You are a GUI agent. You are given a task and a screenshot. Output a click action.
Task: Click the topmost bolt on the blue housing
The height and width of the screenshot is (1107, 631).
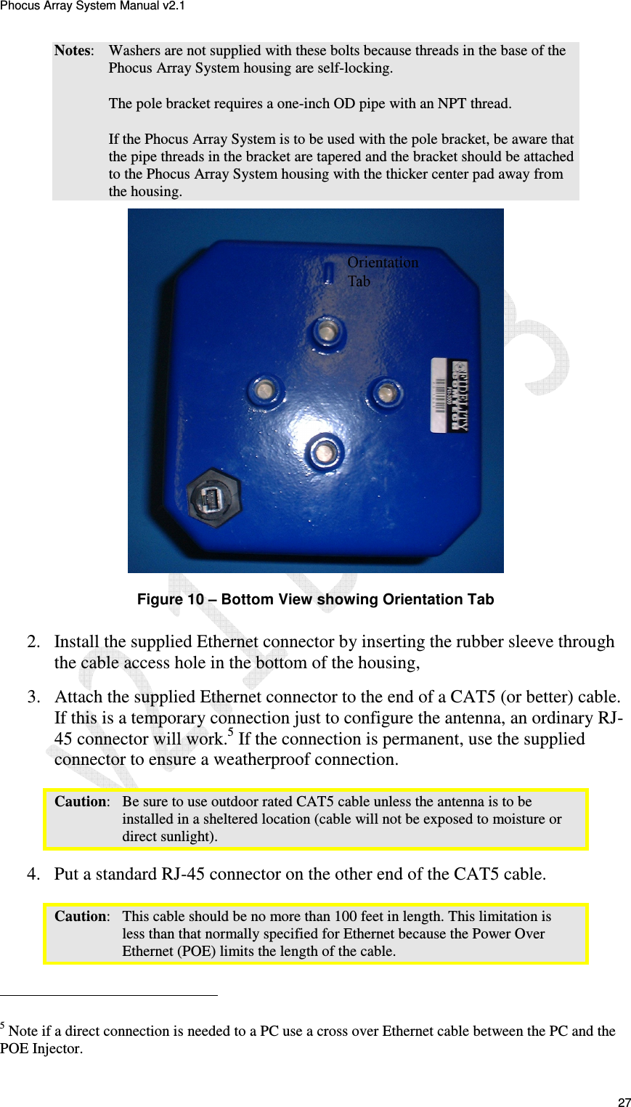326,333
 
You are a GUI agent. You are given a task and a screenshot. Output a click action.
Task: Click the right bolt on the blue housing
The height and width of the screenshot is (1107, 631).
386,393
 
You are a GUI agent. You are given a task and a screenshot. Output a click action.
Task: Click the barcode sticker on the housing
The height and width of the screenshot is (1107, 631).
449,394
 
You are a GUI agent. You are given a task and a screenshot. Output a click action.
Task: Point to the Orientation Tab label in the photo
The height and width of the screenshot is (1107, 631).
382,272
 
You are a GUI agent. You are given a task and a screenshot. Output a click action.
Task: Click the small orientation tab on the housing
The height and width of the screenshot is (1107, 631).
328,272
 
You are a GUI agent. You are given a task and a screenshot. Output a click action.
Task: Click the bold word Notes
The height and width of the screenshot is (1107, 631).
73,51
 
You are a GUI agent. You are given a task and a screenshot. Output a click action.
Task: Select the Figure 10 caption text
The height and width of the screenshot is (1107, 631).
315,599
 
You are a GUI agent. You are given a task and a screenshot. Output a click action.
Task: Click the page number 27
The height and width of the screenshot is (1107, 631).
624,1102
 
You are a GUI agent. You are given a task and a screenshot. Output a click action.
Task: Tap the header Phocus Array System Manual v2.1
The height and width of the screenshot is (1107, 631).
92,6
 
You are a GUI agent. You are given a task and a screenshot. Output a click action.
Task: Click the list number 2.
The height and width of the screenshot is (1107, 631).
33,642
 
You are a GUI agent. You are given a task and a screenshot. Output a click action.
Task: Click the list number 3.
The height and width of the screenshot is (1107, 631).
33,697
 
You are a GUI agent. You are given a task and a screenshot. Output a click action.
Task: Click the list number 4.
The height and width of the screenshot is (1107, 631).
33,874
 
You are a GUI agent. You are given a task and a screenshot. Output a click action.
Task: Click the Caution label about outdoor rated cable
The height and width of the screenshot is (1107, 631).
81,802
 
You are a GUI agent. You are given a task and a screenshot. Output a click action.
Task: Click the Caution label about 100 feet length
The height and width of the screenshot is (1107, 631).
81,917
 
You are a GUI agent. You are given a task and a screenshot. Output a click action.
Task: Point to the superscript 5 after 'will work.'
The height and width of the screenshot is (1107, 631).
230,732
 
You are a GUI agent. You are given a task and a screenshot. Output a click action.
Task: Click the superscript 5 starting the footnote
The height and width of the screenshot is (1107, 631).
3,1026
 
